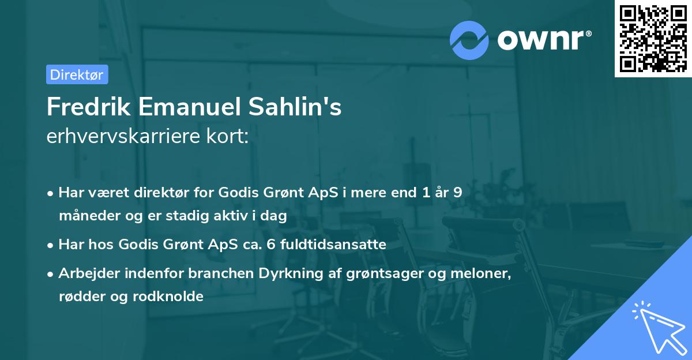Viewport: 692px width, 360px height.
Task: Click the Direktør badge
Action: [77, 74]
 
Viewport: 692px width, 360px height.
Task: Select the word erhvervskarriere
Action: [121, 137]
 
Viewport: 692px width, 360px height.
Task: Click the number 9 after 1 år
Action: [457, 193]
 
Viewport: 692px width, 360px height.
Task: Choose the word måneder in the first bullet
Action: [86, 215]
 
